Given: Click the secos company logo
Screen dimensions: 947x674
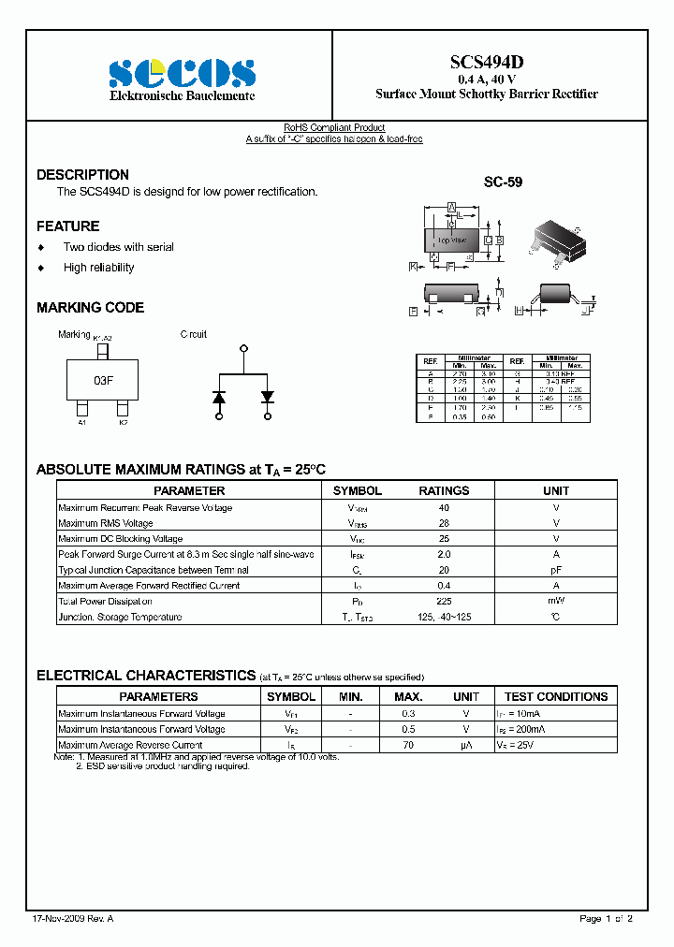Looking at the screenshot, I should [182, 72].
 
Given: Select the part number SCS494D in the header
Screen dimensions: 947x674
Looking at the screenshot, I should [486, 62].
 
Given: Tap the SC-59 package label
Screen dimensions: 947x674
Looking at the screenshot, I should [503, 182].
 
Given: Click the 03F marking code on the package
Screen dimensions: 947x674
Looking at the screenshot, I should [103, 381].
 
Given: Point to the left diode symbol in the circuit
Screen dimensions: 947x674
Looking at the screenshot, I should [219, 397].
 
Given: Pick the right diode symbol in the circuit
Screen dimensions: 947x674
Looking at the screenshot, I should [268, 397].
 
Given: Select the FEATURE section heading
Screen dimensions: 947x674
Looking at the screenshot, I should [67, 226].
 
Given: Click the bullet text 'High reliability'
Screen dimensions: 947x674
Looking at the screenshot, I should [98, 268].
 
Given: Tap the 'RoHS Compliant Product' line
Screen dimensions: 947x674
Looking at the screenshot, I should [334, 127].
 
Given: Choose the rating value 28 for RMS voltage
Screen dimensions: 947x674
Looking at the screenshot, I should [444, 523].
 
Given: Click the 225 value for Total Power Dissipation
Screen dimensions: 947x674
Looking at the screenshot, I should [444, 602].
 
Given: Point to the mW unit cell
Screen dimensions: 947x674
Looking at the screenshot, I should [556, 602].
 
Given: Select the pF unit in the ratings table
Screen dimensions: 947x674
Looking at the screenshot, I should [556, 570].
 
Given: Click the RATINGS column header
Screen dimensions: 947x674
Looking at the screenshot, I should [444, 490].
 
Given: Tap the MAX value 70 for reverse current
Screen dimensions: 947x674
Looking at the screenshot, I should [408, 745].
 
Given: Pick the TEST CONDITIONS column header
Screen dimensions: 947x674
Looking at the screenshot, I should [556, 696].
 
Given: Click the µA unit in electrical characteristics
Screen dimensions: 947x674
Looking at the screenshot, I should [465, 745].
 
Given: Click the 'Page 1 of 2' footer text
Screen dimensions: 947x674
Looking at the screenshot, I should [607, 918].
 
